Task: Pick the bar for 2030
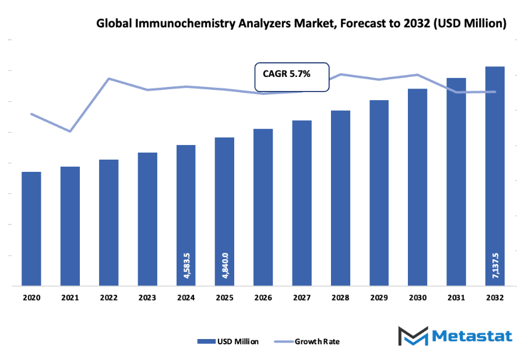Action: [417, 187]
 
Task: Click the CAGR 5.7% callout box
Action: [292, 77]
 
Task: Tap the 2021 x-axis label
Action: [70, 297]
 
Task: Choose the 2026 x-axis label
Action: [263, 297]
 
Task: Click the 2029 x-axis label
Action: [379, 297]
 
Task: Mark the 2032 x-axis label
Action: [495, 297]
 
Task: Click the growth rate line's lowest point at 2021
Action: [70, 131]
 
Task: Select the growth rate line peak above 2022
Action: [108, 78]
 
